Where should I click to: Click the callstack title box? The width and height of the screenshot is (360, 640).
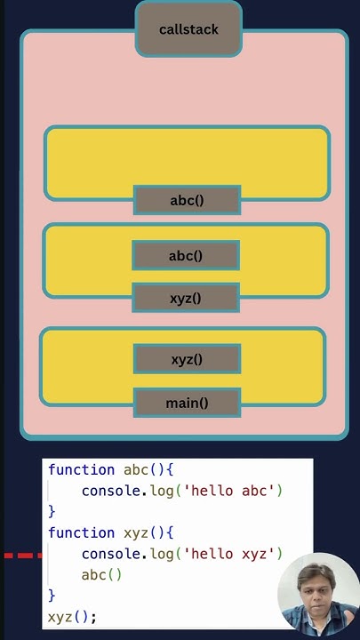(188, 29)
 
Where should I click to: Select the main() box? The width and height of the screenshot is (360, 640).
(187, 403)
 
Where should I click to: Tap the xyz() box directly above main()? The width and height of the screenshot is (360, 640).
(187, 359)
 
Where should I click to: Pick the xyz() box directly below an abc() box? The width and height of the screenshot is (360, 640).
(186, 298)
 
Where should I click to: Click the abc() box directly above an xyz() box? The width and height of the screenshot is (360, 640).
(186, 256)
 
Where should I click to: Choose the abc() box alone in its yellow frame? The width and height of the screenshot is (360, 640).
(187, 200)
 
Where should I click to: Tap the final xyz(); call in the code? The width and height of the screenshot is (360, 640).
(72, 616)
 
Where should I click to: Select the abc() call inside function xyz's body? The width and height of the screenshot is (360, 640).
(101, 574)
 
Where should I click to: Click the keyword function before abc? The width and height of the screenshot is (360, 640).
(81, 469)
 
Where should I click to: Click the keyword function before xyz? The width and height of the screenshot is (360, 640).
(81, 532)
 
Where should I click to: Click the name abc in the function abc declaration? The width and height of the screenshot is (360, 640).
(136, 469)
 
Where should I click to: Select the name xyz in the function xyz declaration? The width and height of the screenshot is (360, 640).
(136, 532)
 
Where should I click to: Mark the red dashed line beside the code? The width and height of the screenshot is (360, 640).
(22, 556)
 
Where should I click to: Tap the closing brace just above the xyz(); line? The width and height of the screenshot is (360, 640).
(52, 595)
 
